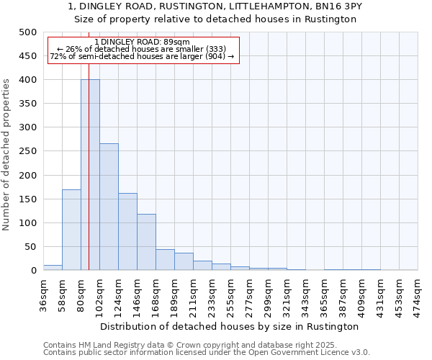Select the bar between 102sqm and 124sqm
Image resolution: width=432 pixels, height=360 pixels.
(109, 207)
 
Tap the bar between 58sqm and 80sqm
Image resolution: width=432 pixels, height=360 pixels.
(71, 230)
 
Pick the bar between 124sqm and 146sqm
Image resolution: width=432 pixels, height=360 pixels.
(127, 232)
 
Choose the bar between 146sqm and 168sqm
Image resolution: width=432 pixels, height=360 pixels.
(146, 242)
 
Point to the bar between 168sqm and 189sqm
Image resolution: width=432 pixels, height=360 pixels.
(165, 260)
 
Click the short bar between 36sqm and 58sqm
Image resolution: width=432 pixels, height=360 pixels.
(53, 268)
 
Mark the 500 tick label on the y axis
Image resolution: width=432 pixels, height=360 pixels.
(27, 32)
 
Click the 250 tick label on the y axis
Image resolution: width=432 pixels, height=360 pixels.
(27, 151)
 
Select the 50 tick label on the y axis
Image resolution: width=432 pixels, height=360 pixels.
(30, 247)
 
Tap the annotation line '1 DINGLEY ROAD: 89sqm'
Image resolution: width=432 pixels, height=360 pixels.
(142, 42)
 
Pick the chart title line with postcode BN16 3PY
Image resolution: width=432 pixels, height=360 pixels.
(215, 6)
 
